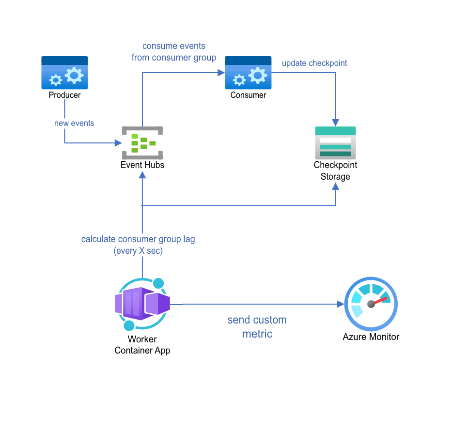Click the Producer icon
click(64, 73)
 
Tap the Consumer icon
click(248, 73)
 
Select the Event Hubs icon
click(142, 143)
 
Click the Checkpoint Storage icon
click(335, 143)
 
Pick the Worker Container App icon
click(142, 304)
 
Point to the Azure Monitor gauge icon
click(371, 304)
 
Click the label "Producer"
click(64, 95)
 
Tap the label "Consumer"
click(248, 95)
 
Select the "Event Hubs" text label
click(142, 165)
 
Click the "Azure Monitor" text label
click(371, 337)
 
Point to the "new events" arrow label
click(74, 123)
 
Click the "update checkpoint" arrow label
click(314, 63)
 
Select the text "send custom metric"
click(257, 326)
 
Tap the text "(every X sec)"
click(138, 251)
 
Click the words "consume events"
click(173, 46)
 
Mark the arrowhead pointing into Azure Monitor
click(340, 304)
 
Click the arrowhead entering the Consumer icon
click(221, 73)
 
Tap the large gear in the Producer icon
click(74, 75)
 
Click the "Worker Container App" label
click(142, 345)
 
